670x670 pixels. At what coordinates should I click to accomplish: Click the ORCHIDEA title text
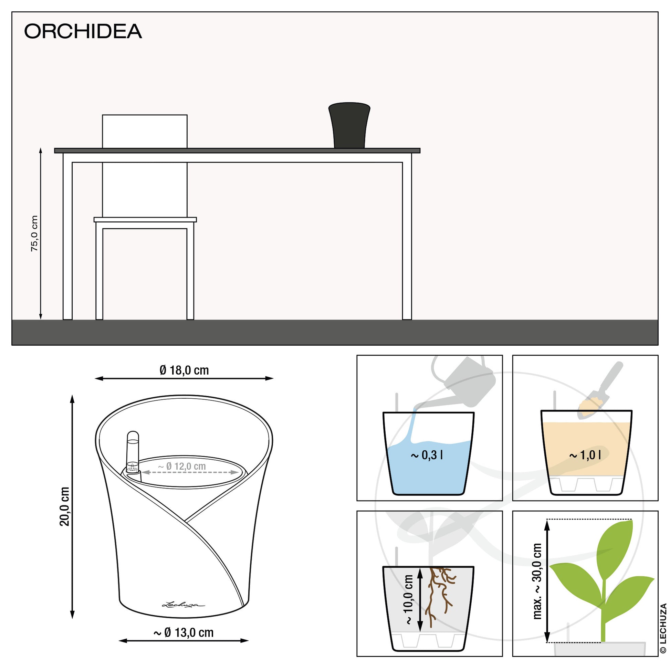(83, 31)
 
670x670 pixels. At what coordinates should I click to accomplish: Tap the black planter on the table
(349, 125)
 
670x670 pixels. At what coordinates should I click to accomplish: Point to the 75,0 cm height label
(34, 233)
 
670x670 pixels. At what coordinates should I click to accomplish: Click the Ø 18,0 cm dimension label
(184, 370)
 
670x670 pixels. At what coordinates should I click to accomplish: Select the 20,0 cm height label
(65, 506)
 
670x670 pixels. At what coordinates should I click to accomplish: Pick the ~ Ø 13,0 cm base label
(184, 632)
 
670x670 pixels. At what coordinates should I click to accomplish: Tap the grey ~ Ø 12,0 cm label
(182, 466)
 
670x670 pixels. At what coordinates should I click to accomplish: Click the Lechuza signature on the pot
(184, 605)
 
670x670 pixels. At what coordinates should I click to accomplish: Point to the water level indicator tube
(133, 454)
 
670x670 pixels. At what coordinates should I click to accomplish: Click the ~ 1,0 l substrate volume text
(585, 454)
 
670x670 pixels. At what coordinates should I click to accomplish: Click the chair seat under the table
(145, 220)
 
